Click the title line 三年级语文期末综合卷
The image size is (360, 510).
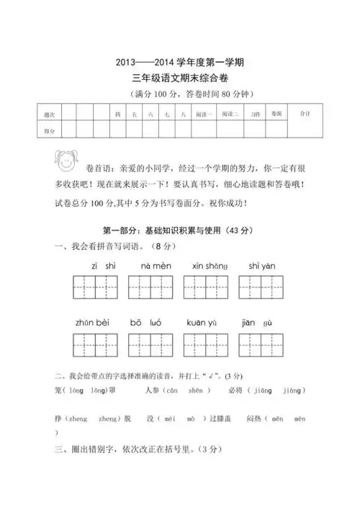point(179,78)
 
